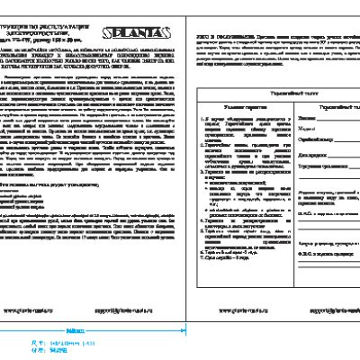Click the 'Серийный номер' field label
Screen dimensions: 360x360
(309, 139)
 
